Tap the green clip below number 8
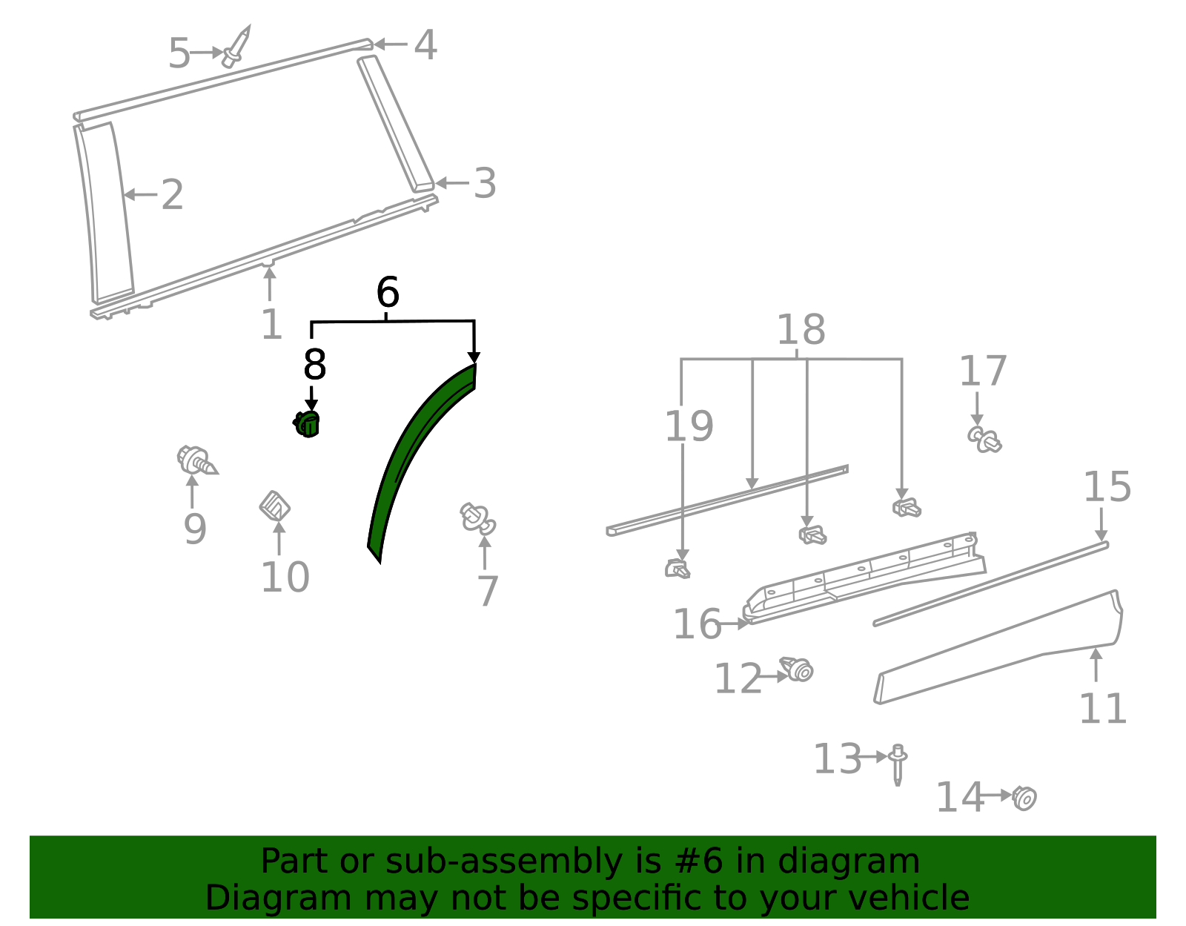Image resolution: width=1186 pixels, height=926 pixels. (x=308, y=425)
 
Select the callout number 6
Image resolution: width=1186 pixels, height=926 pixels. (x=388, y=293)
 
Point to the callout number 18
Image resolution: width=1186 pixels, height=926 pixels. (x=801, y=330)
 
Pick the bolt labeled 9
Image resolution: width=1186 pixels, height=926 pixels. (x=196, y=460)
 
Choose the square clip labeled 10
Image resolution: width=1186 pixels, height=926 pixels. (x=274, y=507)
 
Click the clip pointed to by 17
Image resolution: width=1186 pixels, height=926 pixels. (x=984, y=439)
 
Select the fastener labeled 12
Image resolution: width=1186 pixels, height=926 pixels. (x=798, y=669)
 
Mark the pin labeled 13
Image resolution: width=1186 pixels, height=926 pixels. (x=898, y=764)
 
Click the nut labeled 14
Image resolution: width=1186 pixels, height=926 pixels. (x=1025, y=798)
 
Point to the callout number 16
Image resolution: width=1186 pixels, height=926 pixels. (x=696, y=624)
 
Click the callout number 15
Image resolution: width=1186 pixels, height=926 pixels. (x=1107, y=487)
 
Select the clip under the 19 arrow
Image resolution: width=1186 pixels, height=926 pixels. (x=677, y=569)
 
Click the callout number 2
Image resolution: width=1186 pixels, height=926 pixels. (x=172, y=195)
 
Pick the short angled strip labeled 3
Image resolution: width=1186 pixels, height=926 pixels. (x=396, y=122)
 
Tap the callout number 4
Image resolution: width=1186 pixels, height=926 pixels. (x=425, y=45)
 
